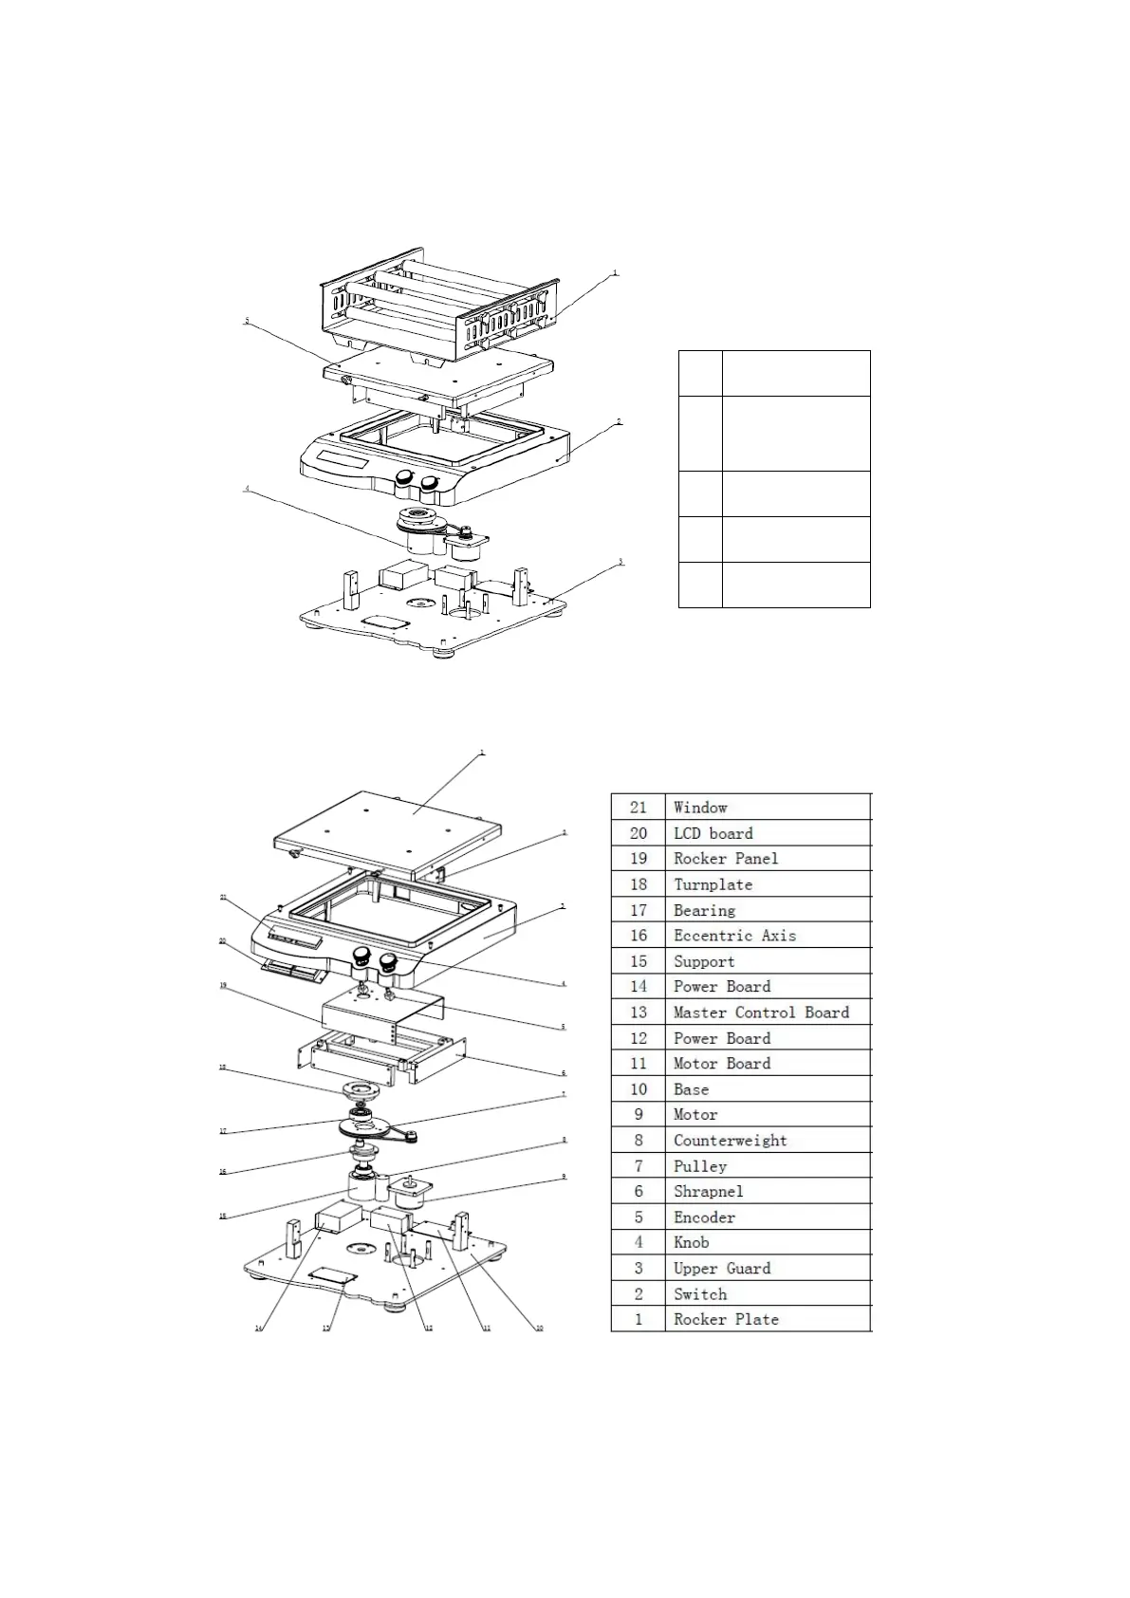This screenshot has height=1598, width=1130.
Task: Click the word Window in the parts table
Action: pos(700,808)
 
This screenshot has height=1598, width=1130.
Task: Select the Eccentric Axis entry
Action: pos(734,936)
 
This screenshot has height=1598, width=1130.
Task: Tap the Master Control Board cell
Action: pos(761,1013)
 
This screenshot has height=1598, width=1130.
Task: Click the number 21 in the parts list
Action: pos(639,808)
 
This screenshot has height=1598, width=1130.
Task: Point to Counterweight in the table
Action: pos(730,1141)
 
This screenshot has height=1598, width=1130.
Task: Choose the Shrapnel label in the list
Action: pos(708,1192)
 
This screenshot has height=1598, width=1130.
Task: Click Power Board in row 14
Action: pos(722,987)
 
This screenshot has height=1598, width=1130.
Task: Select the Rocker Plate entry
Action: pos(726,1320)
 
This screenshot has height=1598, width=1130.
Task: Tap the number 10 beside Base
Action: pos(639,1089)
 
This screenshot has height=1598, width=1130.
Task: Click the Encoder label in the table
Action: pos(704,1217)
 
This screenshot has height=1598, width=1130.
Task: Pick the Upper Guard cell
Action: pos(722,1269)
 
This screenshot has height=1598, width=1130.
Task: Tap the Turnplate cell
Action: pos(713,884)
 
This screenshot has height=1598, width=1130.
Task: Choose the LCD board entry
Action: pos(713,833)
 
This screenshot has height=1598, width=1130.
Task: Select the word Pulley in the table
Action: pos(700,1166)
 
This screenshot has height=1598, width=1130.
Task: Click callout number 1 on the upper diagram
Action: pos(614,273)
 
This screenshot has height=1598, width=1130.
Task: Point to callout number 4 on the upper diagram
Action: pos(247,490)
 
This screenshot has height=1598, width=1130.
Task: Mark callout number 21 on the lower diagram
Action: pos(223,897)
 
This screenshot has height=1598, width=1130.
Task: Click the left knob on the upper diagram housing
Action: pos(405,477)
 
